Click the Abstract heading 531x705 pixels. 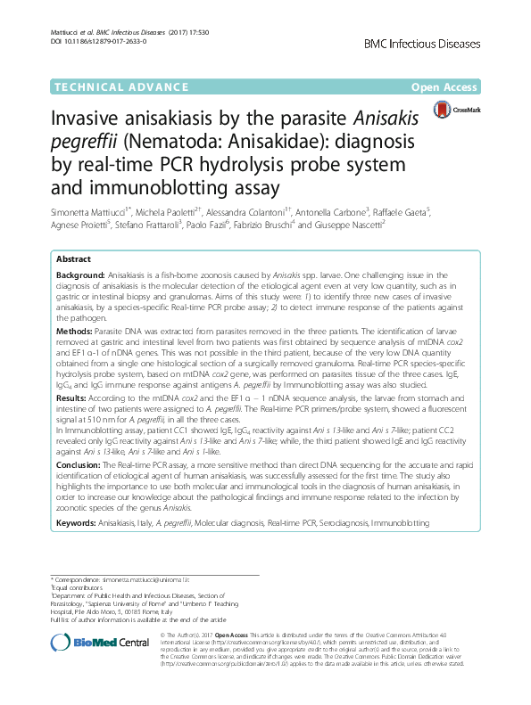coord(75,258)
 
